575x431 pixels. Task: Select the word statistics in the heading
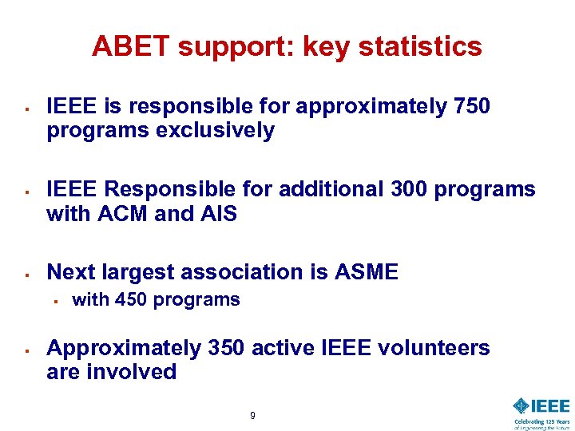[421, 46]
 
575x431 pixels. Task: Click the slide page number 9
[253, 416]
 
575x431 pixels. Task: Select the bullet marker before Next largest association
[27, 274]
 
